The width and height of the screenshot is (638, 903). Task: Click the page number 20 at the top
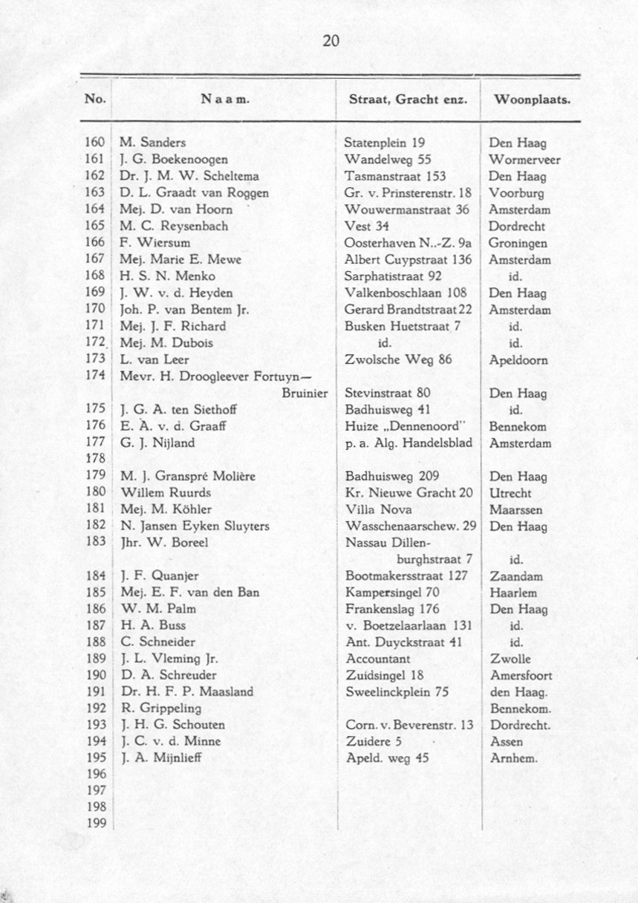pos(331,42)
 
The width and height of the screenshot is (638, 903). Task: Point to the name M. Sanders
pos(153,143)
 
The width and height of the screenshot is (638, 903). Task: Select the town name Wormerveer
pos(524,160)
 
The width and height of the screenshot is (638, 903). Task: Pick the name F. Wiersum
pos(154,243)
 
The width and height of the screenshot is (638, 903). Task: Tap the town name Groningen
pos(518,243)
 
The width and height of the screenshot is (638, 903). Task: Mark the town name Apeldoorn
pos(518,360)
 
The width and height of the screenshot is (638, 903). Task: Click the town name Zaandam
pos(516,576)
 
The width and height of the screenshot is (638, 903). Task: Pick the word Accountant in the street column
pos(378,659)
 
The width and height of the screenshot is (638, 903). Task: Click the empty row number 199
pos(95,823)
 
